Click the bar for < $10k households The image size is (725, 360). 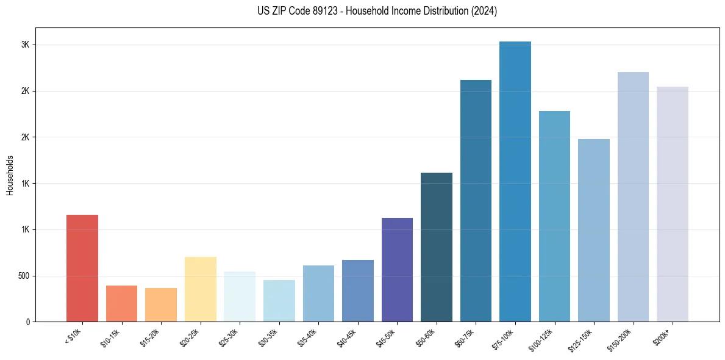(x=82, y=268)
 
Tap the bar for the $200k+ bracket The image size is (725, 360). (x=672, y=204)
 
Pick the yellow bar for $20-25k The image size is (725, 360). (x=200, y=289)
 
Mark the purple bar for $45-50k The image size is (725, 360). (x=397, y=270)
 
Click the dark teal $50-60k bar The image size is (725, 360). (x=436, y=247)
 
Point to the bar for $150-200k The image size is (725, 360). (x=633, y=197)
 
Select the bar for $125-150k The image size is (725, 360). (x=593, y=231)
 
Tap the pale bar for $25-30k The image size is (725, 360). (x=240, y=297)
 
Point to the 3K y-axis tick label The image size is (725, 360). (x=25, y=45)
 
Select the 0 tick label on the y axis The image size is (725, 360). (x=28, y=322)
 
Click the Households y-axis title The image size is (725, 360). (x=10, y=175)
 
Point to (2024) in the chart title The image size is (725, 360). (x=484, y=11)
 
